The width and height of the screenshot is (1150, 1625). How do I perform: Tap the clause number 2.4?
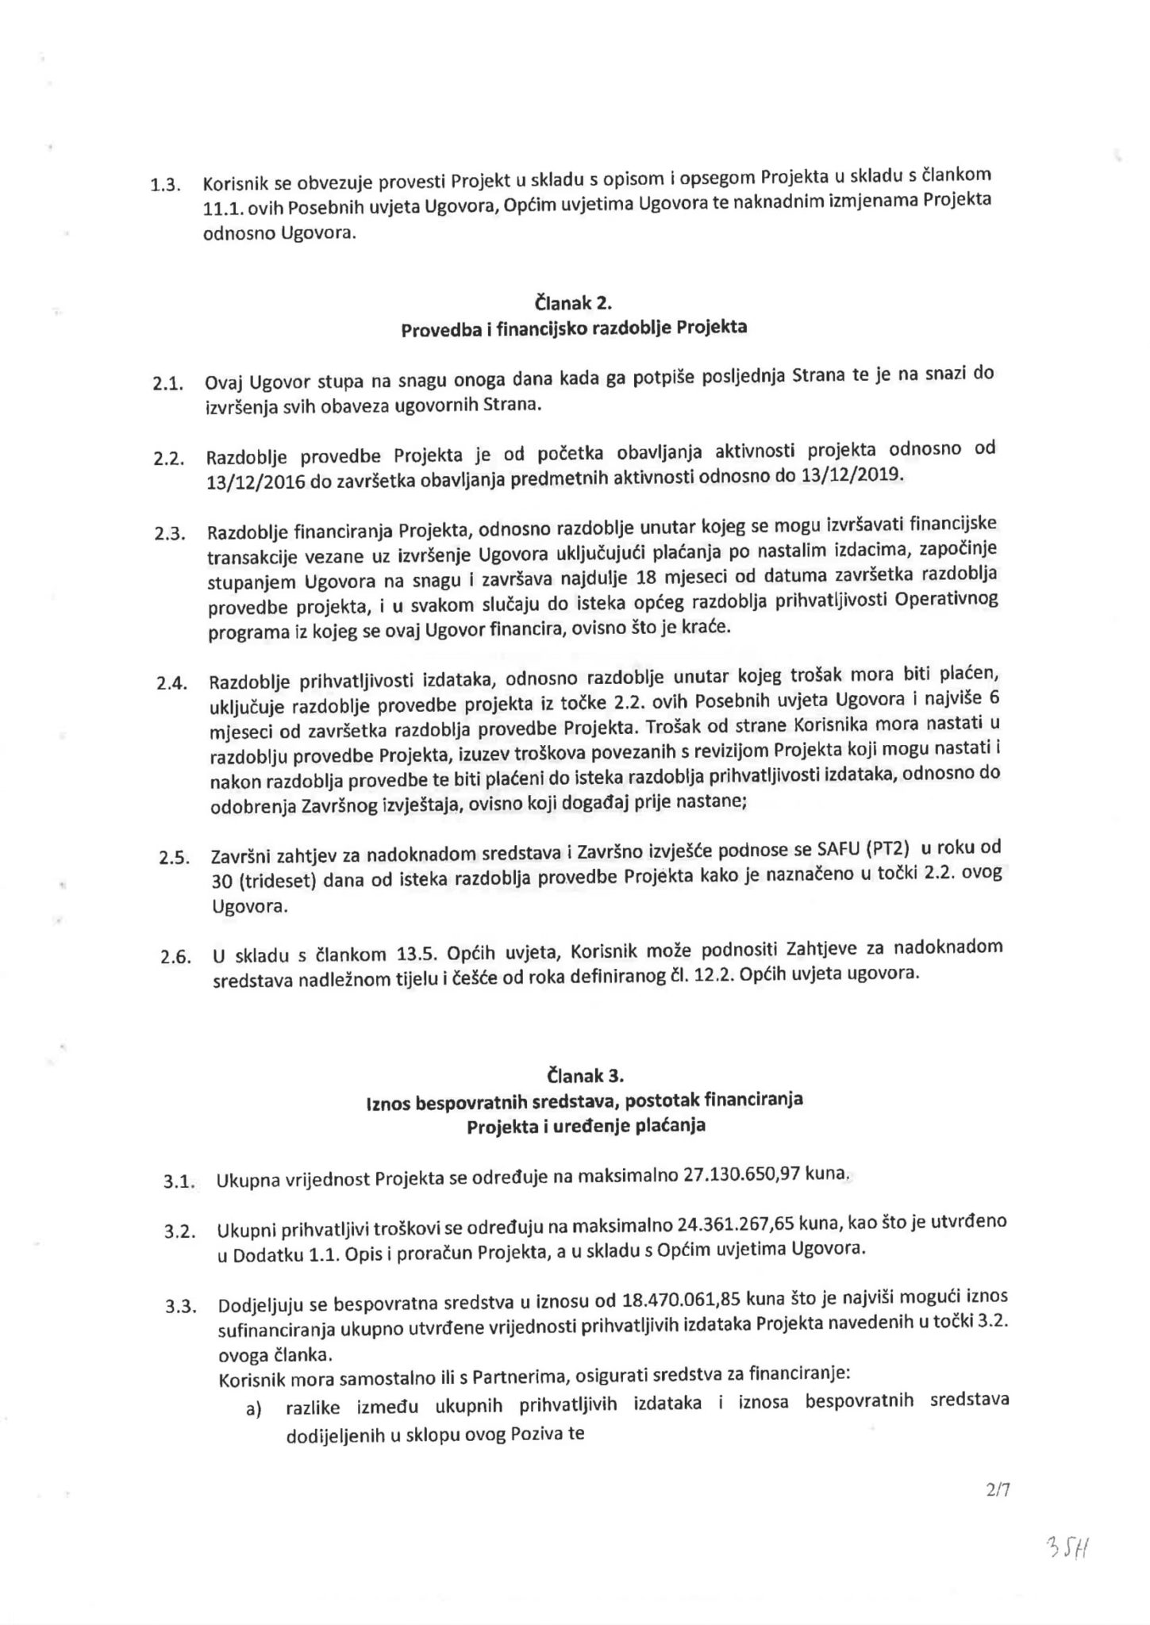coord(171,683)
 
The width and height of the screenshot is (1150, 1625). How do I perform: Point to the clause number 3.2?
coord(180,1231)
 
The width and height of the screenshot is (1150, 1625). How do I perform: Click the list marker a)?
coord(253,1410)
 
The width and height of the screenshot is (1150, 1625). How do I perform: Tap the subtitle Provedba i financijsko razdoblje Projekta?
coord(574,328)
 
